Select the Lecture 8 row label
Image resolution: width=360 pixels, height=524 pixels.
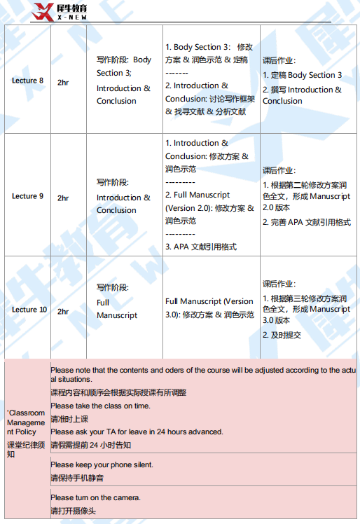click(x=27, y=81)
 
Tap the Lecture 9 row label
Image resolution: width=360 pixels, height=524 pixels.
click(x=27, y=196)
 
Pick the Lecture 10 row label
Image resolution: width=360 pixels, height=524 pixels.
click(x=29, y=310)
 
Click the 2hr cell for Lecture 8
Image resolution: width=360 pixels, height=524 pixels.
click(x=63, y=81)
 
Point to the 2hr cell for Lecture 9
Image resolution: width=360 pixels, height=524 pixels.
click(x=63, y=198)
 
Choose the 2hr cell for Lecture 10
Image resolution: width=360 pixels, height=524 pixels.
click(x=63, y=311)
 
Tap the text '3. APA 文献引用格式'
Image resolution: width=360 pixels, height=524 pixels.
click(x=200, y=247)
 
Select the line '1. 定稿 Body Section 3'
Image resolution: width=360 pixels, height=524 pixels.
click(x=302, y=75)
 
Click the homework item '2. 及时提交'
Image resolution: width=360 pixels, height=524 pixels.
click(x=282, y=335)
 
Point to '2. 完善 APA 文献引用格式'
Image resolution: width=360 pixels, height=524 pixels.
click(x=306, y=222)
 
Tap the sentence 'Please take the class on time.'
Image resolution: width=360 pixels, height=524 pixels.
click(x=100, y=406)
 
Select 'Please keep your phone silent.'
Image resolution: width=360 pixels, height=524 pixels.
click(x=102, y=464)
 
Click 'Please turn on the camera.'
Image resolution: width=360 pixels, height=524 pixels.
click(x=95, y=497)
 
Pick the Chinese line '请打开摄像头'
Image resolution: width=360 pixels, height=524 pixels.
click(x=73, y=511)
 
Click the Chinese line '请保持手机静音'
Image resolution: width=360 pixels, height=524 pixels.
click(x=77, y=478)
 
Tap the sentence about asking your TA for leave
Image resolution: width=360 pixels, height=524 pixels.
click(x=137, y=432)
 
